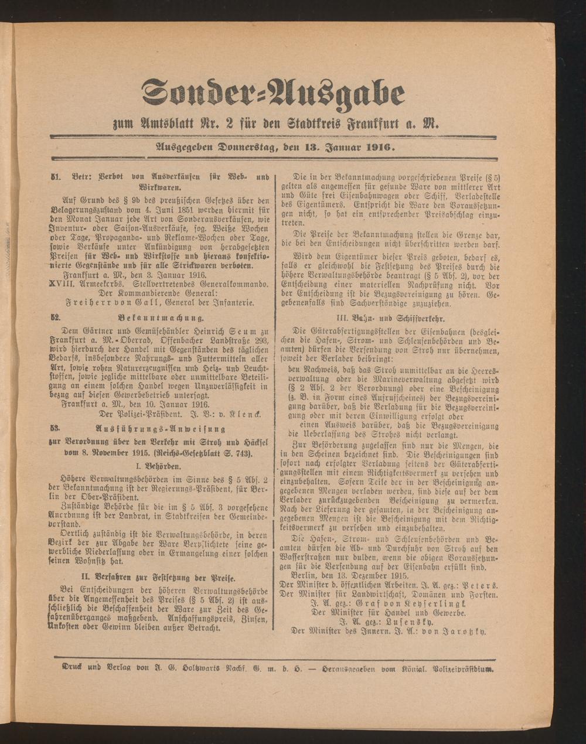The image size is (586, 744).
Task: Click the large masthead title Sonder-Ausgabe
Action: pyautogui.click(x=273, y=94)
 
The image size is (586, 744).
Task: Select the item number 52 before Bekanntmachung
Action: pyautogui.click(x=56, y=318)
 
